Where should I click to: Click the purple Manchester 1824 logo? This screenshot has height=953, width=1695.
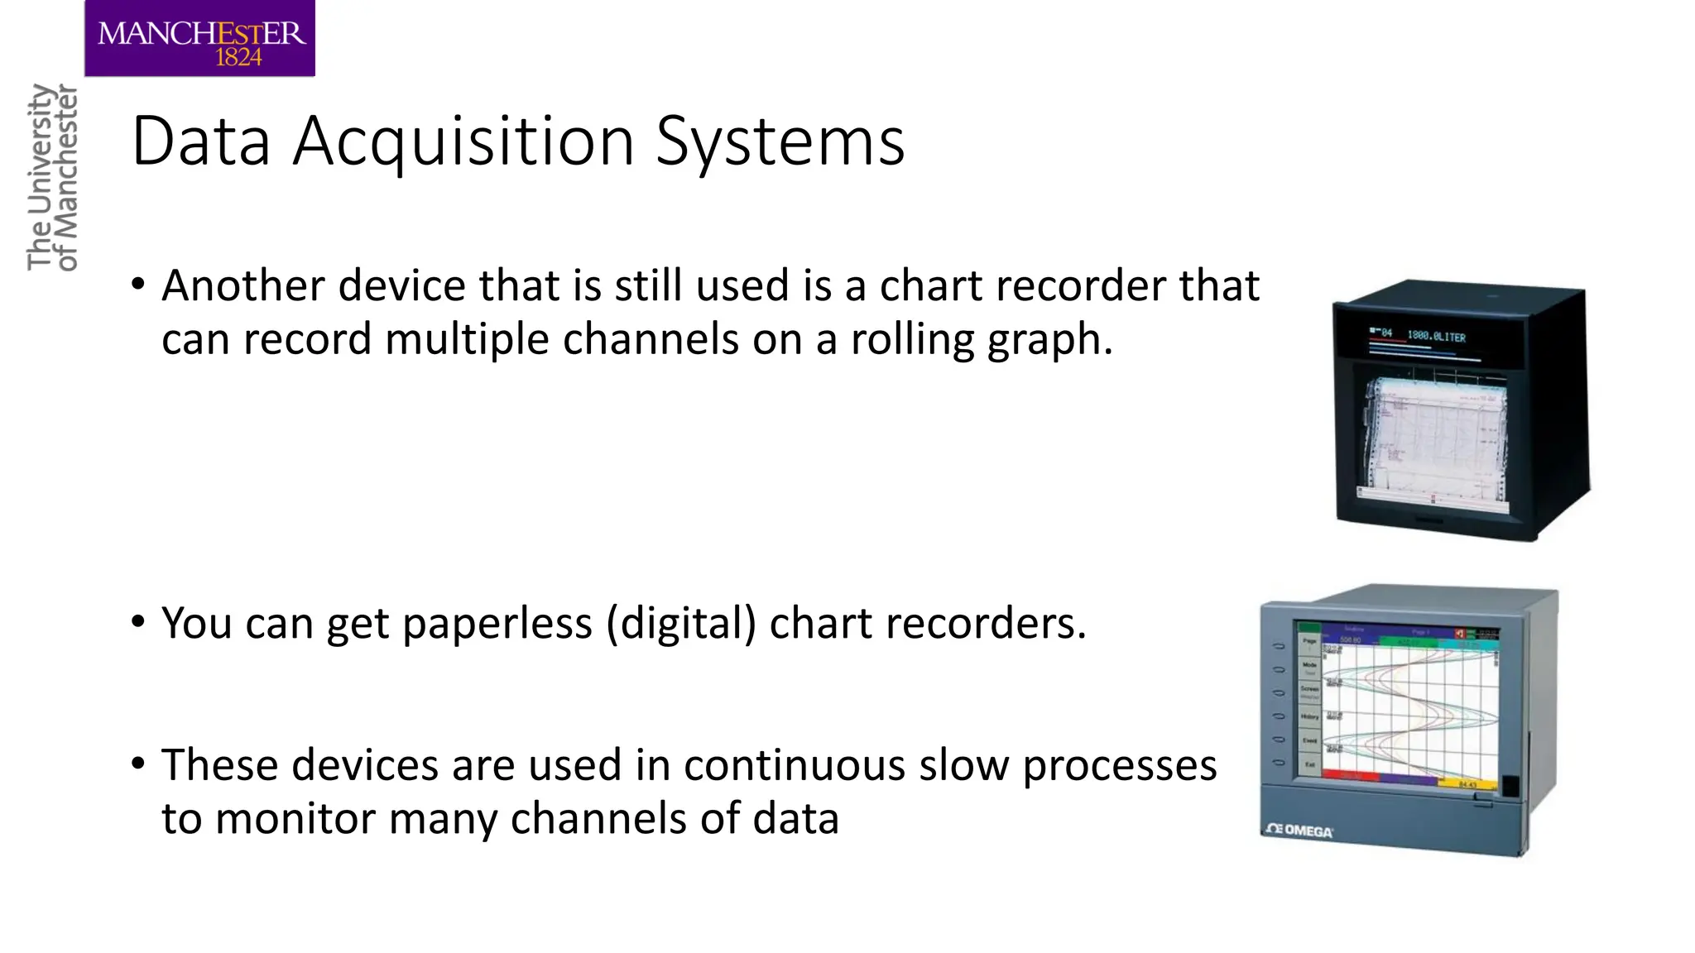click(x=199, y=38)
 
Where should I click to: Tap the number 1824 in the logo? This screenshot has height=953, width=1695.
click(x=238, y=58)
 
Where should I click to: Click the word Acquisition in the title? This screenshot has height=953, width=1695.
click(x=464, y=141)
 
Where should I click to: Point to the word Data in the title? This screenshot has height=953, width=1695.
click(x=201, y=141)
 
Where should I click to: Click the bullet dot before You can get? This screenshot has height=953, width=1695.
click(x=138, y=620)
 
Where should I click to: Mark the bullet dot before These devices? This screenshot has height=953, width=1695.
click(x=138, y=762)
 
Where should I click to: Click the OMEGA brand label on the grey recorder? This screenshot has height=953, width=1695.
click(x=1299, y=831)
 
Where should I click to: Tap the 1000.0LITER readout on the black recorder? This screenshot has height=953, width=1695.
click(x=1436, y=337)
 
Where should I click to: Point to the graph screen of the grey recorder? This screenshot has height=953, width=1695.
click(x=1409, y=705)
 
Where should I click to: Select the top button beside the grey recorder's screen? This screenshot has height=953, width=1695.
click(x=1279, y=646)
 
